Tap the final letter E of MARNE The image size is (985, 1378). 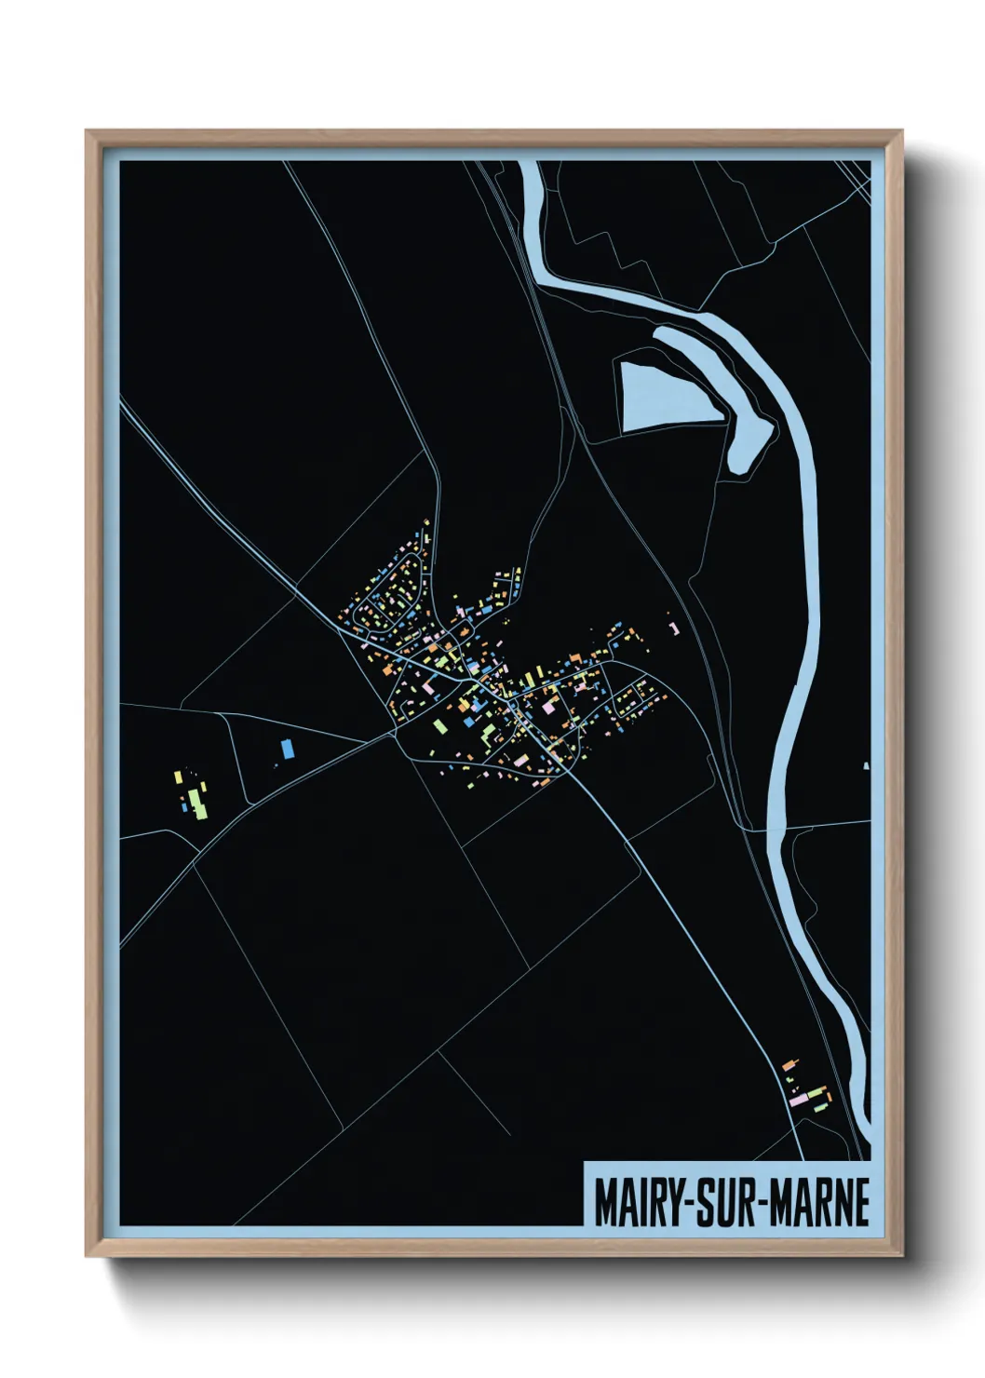pos(861,1203)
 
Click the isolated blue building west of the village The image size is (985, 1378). pos(287,748)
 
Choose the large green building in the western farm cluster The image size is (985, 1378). pos(197,802)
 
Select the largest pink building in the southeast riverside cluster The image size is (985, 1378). pos(799,1100)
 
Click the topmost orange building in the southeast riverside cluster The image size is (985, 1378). pos(790,1062)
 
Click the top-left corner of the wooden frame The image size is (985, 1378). pos(88,132)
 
